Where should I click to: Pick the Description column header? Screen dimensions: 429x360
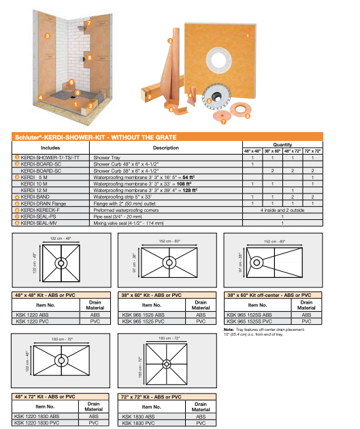tap(165, 147)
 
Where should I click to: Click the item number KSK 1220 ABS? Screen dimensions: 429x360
tap(31, 315)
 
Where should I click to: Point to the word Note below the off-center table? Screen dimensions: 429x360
tap(229, 330)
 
